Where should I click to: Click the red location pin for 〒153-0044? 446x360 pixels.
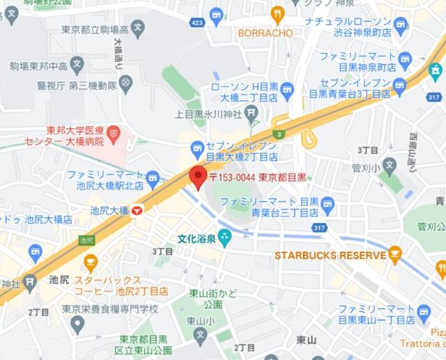tap(198, 177)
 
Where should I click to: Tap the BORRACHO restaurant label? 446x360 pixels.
tap(265, 32)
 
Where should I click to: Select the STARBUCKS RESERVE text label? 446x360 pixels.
tap(330, 256)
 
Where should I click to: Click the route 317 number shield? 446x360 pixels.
tap(319, 227)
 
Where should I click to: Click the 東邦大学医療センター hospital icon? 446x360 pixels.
tap(113, 131)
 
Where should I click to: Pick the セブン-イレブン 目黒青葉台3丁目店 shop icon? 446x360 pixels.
tap(399, 86)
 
